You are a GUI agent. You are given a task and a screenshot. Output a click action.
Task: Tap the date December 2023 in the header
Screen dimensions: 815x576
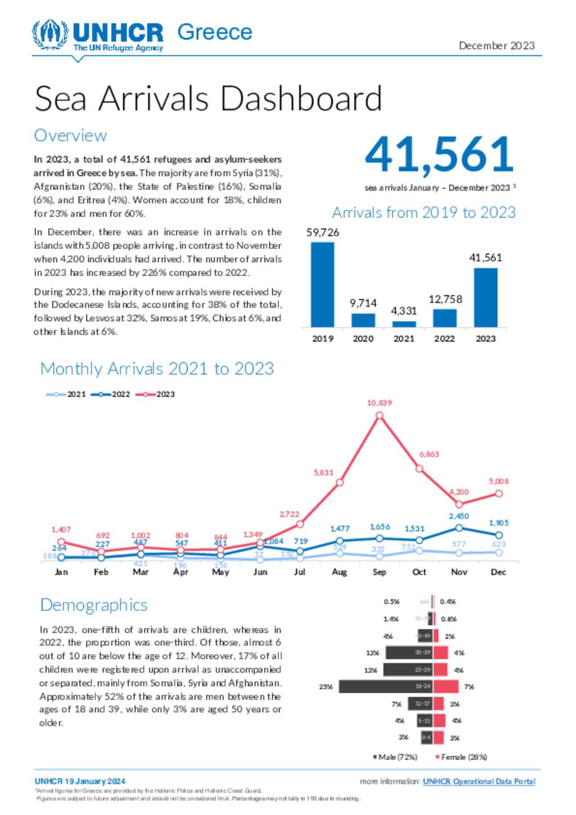(x=496, y=46)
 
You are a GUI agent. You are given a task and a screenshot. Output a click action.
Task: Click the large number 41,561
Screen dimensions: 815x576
(x=439, y=155)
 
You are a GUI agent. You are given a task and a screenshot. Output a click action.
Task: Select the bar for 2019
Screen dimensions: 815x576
(x=322, y=284)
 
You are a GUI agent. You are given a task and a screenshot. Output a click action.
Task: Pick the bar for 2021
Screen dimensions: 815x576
(x=404, y=324)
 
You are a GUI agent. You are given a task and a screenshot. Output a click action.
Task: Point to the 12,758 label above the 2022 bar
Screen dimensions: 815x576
(x=445, y=299)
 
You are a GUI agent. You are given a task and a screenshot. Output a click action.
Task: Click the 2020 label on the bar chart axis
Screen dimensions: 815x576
(x=363, y=339)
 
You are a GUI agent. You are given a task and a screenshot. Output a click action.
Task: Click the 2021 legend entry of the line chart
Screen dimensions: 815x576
(x=67, y=394)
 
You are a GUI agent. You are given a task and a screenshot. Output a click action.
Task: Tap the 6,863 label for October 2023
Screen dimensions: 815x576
(x=429, y=454)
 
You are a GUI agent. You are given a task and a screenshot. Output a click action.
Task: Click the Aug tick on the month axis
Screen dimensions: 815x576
(x=339, y=572)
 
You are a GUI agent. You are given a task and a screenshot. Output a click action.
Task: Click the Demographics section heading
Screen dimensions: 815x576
(x=94, y=605)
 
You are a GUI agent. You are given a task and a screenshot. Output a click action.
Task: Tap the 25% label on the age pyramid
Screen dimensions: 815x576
(x=326, y=687)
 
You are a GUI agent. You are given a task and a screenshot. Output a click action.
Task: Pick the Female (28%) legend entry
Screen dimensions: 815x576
(x=461, y=757)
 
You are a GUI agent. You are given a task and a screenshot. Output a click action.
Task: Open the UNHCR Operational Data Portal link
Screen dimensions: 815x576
(x=479, y=781)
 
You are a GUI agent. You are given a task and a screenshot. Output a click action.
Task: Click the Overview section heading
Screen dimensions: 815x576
(x=70, y=136)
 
